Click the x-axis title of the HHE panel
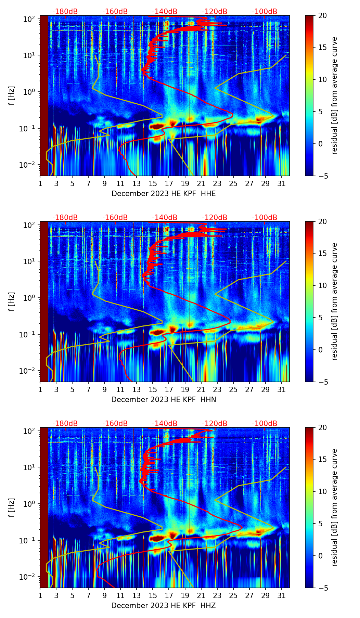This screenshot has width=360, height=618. coord(164,194)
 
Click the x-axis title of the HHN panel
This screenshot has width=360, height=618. coord(164,400)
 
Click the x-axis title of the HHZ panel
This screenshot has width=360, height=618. coord(164,606)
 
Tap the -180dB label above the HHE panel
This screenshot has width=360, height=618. coord(65,12)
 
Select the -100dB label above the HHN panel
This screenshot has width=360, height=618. coord(265,218)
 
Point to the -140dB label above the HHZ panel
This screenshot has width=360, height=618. coord(165,424)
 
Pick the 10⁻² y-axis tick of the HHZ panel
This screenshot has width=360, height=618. coord(29,577)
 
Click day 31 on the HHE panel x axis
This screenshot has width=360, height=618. coord(282,183)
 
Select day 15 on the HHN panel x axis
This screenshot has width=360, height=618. coord(153,389)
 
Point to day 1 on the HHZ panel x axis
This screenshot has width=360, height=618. coord(40,595)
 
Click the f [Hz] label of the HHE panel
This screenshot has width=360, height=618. coord(12,95)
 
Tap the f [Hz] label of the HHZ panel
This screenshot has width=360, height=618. coord(12,507)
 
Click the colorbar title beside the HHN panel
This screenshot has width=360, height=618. coord(334,301)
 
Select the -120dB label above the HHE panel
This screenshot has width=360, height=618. coord(215,12)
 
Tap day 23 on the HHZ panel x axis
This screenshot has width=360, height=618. coord(217,595)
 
